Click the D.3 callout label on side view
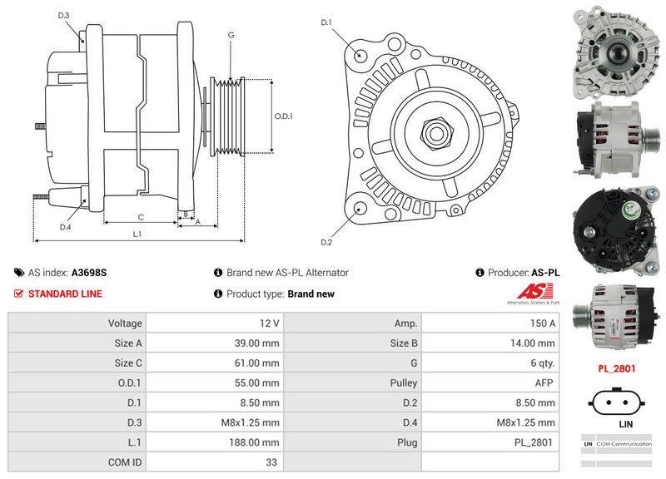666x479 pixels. [64, 16]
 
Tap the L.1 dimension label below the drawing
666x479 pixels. [137, 235]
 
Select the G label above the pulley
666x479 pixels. [231, 35]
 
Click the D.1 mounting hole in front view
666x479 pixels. [360, 55]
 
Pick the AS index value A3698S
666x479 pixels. [89, 272]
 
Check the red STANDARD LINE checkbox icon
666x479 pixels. [18, 294]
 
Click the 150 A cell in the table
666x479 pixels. [490, 323]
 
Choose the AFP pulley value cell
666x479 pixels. [490, 383]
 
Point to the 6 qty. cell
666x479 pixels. [490, 363]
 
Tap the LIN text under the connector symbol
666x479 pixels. [617, 423]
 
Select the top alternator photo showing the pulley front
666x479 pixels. [616, 50]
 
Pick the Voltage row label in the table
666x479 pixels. [125, 323]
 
